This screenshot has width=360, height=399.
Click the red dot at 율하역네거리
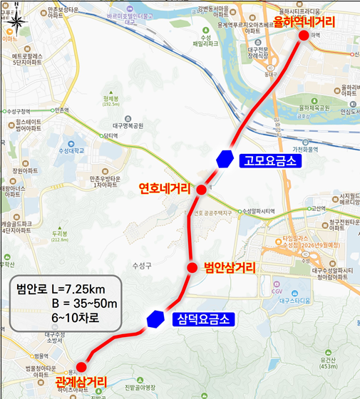(x=304, y=36)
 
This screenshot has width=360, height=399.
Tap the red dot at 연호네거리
(x=201, y=190)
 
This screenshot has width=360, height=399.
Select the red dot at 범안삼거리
(x=191, y=267)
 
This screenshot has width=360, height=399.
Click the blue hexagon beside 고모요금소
(x=226, y=159)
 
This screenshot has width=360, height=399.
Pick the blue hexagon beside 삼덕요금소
(x=153, y=320)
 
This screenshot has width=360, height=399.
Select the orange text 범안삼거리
(x=230, y=268)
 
